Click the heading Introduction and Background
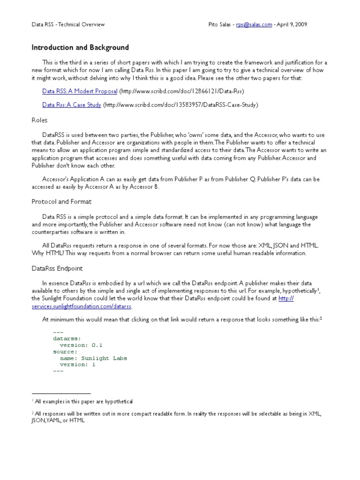tap(80, 48)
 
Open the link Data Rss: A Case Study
tap(71, 105)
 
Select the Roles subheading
tap(39, 120)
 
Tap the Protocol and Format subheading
tap(61, 202)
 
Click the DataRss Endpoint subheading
tap(57, 269)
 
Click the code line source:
tap(65, 351)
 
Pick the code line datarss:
tap(67, 338)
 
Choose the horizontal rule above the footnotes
tap(61, 393)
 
